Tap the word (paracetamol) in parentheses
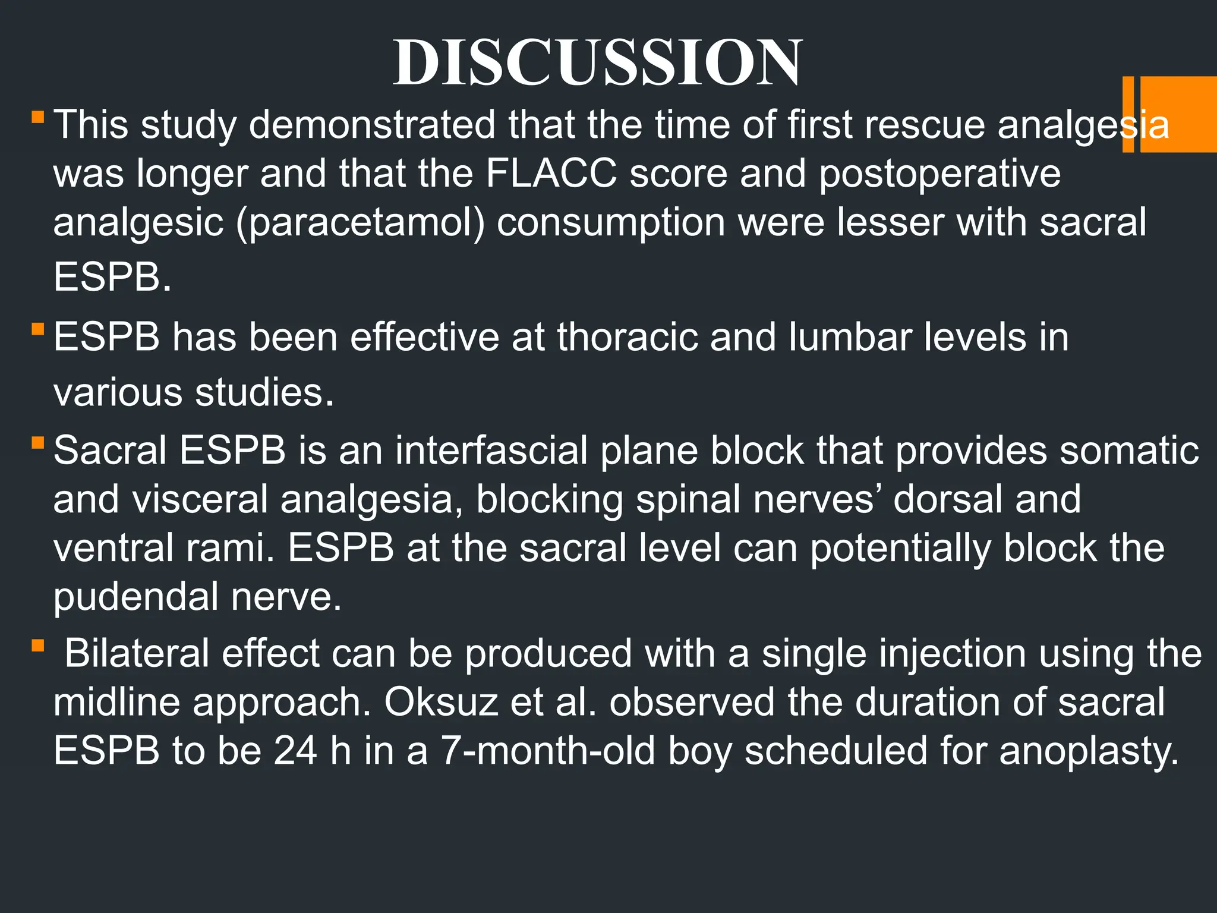pyautogui.click(x=361, y=223)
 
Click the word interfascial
pyautogui.click(x=491, y=450)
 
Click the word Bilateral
pyautogui.click(x=136, y=653)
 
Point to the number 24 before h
pyautogui.click(x=295, y=751)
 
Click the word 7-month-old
pyautogui.click(x=547, y=751)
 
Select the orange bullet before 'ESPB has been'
pyautogui.click(x=38, y=329)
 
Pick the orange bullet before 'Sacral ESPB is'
pyautogui.click(x=38, y=442)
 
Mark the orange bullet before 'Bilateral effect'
pyautogui.click(x=38, y=646)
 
